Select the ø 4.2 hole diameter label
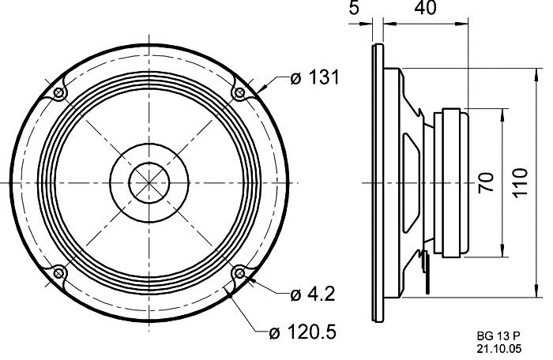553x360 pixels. click(313, 294)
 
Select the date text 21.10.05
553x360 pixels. click(499, 347)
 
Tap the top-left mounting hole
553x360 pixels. click(60, 94)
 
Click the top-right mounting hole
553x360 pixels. click(239, 94)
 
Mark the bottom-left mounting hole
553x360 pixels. click(60, 273)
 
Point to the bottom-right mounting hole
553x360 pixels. click(239, 273)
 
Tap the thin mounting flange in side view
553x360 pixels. click(377, 182)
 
